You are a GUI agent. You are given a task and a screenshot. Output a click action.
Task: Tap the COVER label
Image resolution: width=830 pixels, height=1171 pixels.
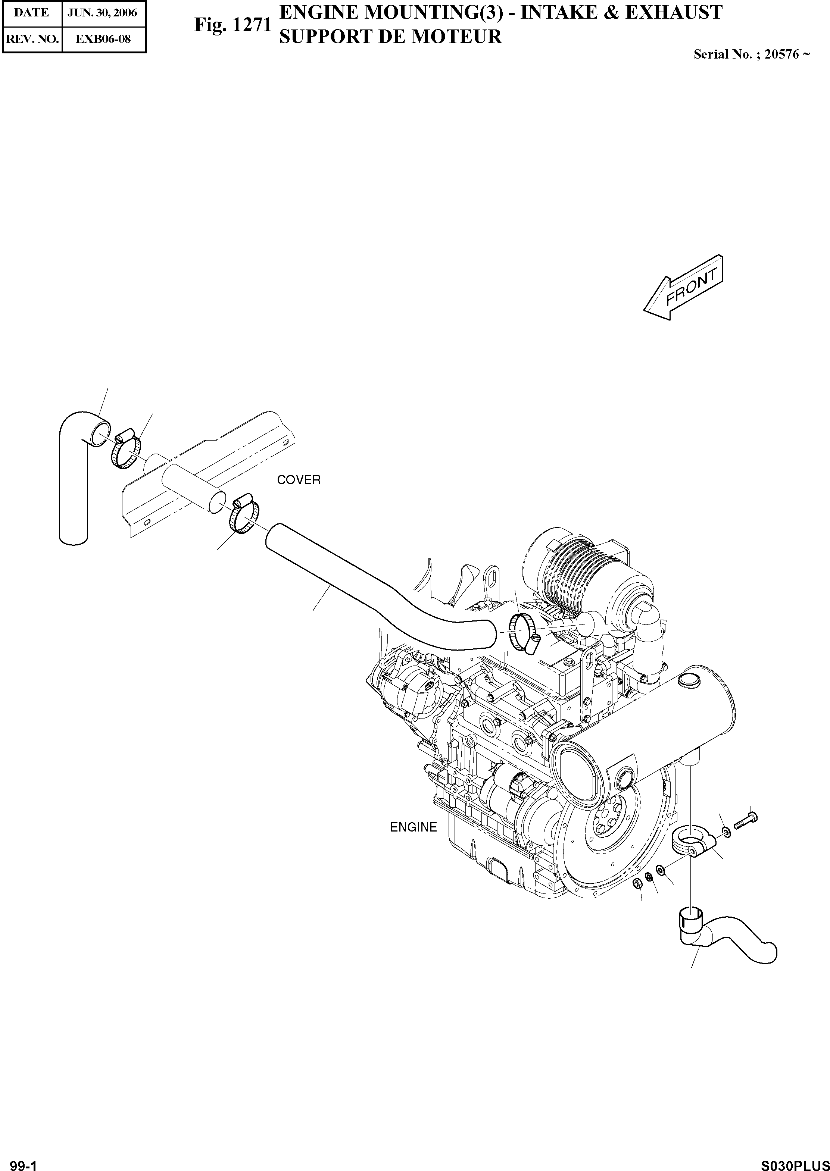299,480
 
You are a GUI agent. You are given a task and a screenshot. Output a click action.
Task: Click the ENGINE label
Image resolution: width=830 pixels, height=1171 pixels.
414,827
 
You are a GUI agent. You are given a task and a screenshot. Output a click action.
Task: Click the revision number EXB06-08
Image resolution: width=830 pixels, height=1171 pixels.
103,39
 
